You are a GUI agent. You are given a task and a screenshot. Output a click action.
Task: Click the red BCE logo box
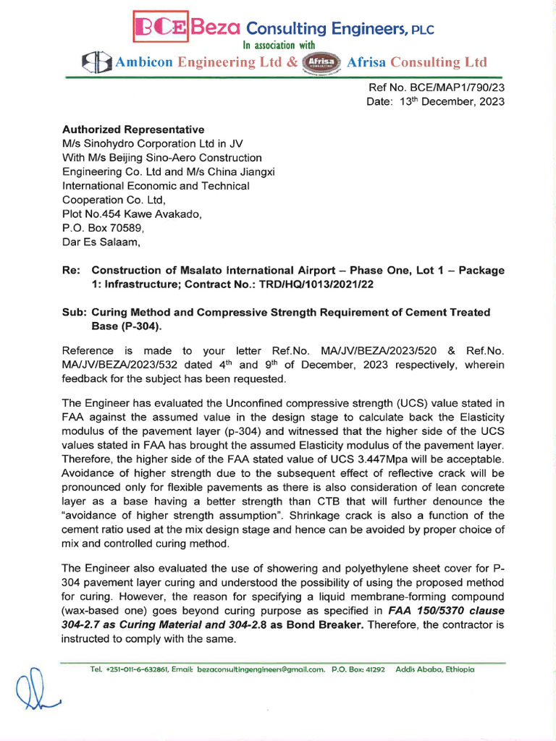(x=158, y=28)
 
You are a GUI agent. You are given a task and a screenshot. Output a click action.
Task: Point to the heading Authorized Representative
(x=133, y=130)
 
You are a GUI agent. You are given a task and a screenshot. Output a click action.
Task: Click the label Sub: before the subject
(x=74, y=312)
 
